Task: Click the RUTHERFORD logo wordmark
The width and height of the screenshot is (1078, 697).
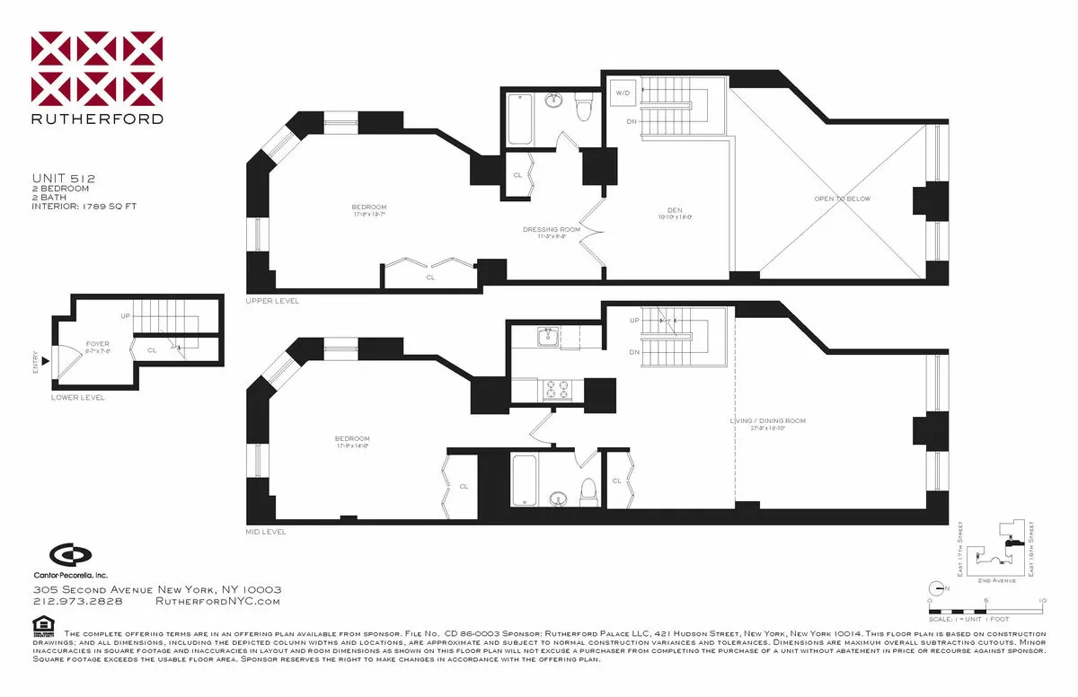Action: (x=97, y=118)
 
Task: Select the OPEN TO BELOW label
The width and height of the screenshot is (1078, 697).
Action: (x=842, y=199)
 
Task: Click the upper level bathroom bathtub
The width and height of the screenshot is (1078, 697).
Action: (x=520, y=119)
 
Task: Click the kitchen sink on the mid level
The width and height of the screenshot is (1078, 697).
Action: (x=547, y=337)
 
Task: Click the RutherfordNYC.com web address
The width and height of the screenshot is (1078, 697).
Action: (x=218, y=602)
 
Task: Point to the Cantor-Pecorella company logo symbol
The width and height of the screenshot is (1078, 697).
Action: (x=64, y=554)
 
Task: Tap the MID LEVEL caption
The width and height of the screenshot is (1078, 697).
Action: (x=266, y=532)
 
